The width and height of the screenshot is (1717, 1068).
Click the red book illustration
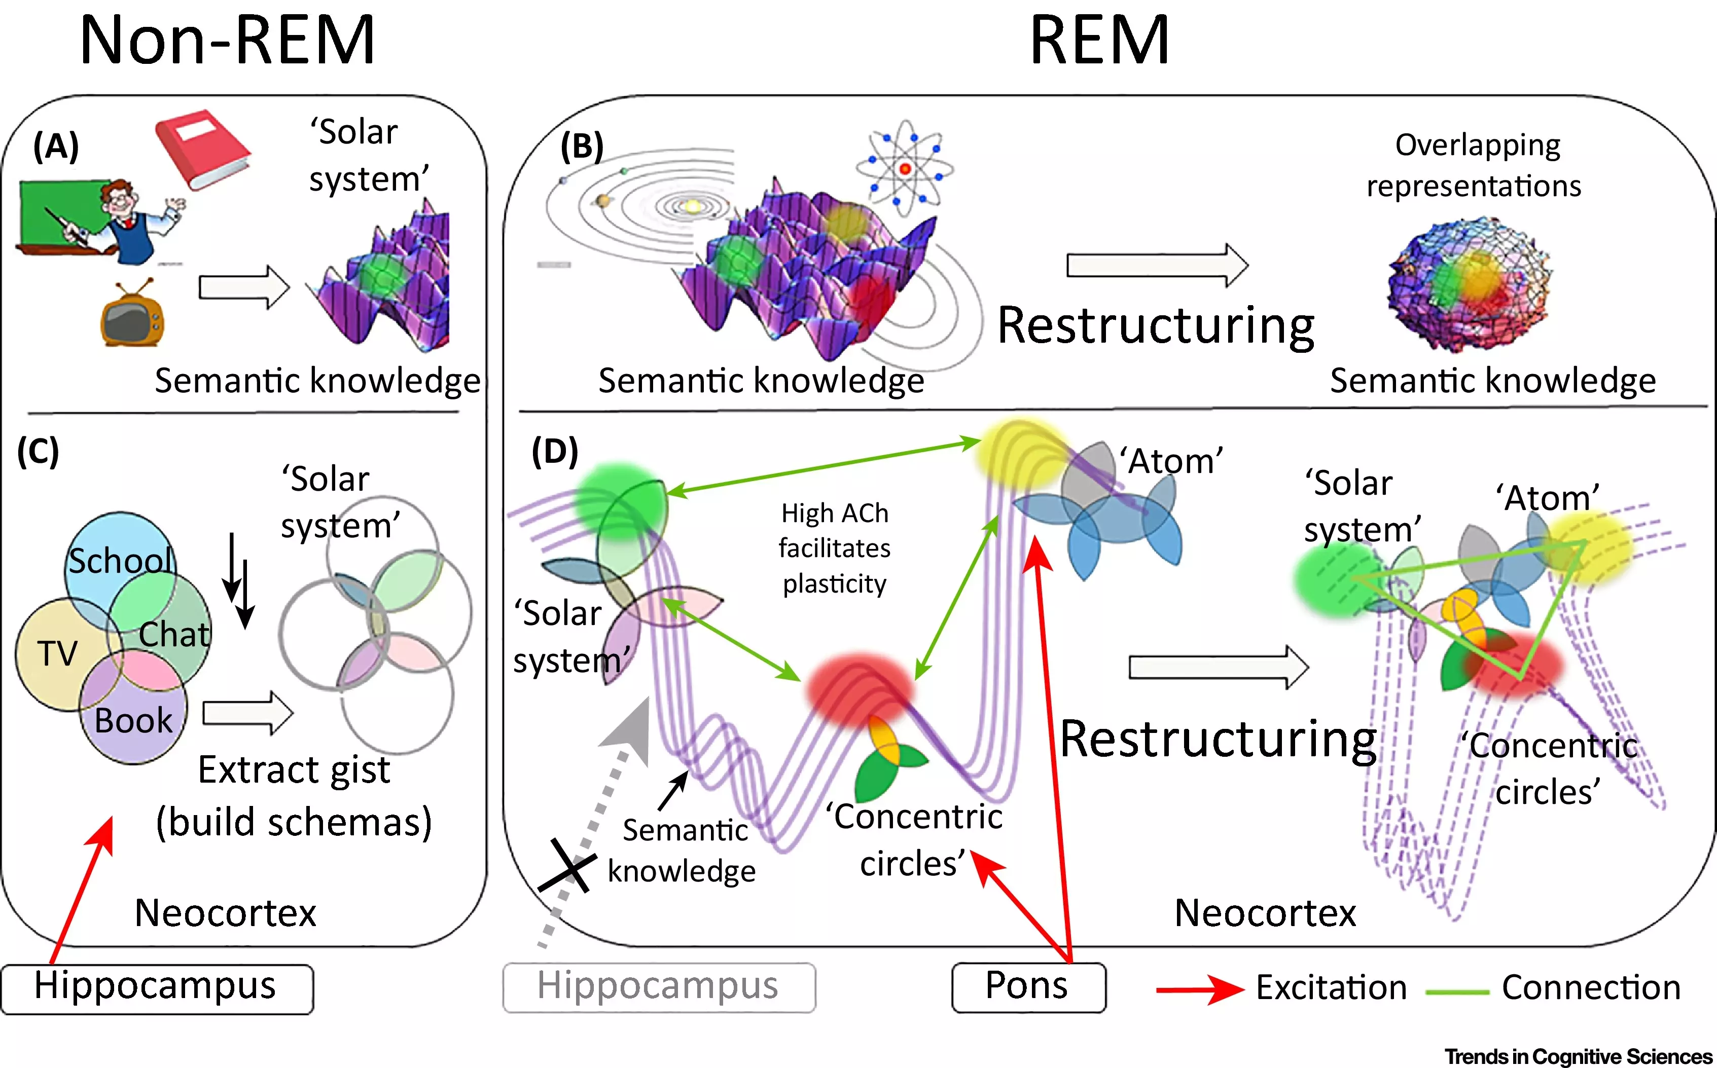(203, 149)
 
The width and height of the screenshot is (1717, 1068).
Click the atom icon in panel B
(905, 168)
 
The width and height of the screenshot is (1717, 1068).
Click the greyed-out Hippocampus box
(659, 987)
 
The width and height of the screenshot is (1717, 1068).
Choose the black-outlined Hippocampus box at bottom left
(157, 989)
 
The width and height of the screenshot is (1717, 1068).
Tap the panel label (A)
(56, 147)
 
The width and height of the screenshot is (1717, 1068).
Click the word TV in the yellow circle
(56, 653)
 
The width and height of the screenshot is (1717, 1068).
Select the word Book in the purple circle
(133, 720)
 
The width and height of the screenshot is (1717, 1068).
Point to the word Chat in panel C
(174, 634)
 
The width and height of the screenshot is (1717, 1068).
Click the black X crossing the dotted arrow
(567, 866)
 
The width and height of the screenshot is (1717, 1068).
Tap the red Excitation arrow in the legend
(1200, 989)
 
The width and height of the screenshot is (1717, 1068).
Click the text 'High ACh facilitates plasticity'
(835, 548)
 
